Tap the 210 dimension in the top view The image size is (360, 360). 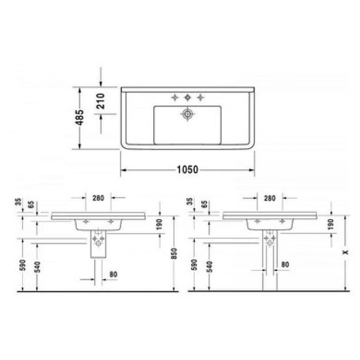click(x=101, y=100)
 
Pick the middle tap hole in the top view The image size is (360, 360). click(x=188, y=97)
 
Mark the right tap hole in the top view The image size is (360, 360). click(x=201, y=97)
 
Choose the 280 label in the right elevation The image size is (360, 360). click(x=269, y=198)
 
